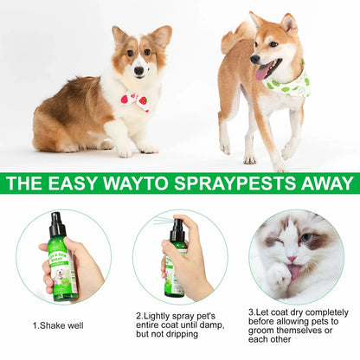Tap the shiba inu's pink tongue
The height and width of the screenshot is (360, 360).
[x=262, y=72]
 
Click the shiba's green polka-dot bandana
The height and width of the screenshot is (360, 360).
[x=286, y=82]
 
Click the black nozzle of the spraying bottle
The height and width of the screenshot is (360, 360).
[x=177, y=231]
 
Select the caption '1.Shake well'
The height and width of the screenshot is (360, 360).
[x=59, y=325]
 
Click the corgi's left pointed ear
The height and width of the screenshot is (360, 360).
[x=119, y=35]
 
